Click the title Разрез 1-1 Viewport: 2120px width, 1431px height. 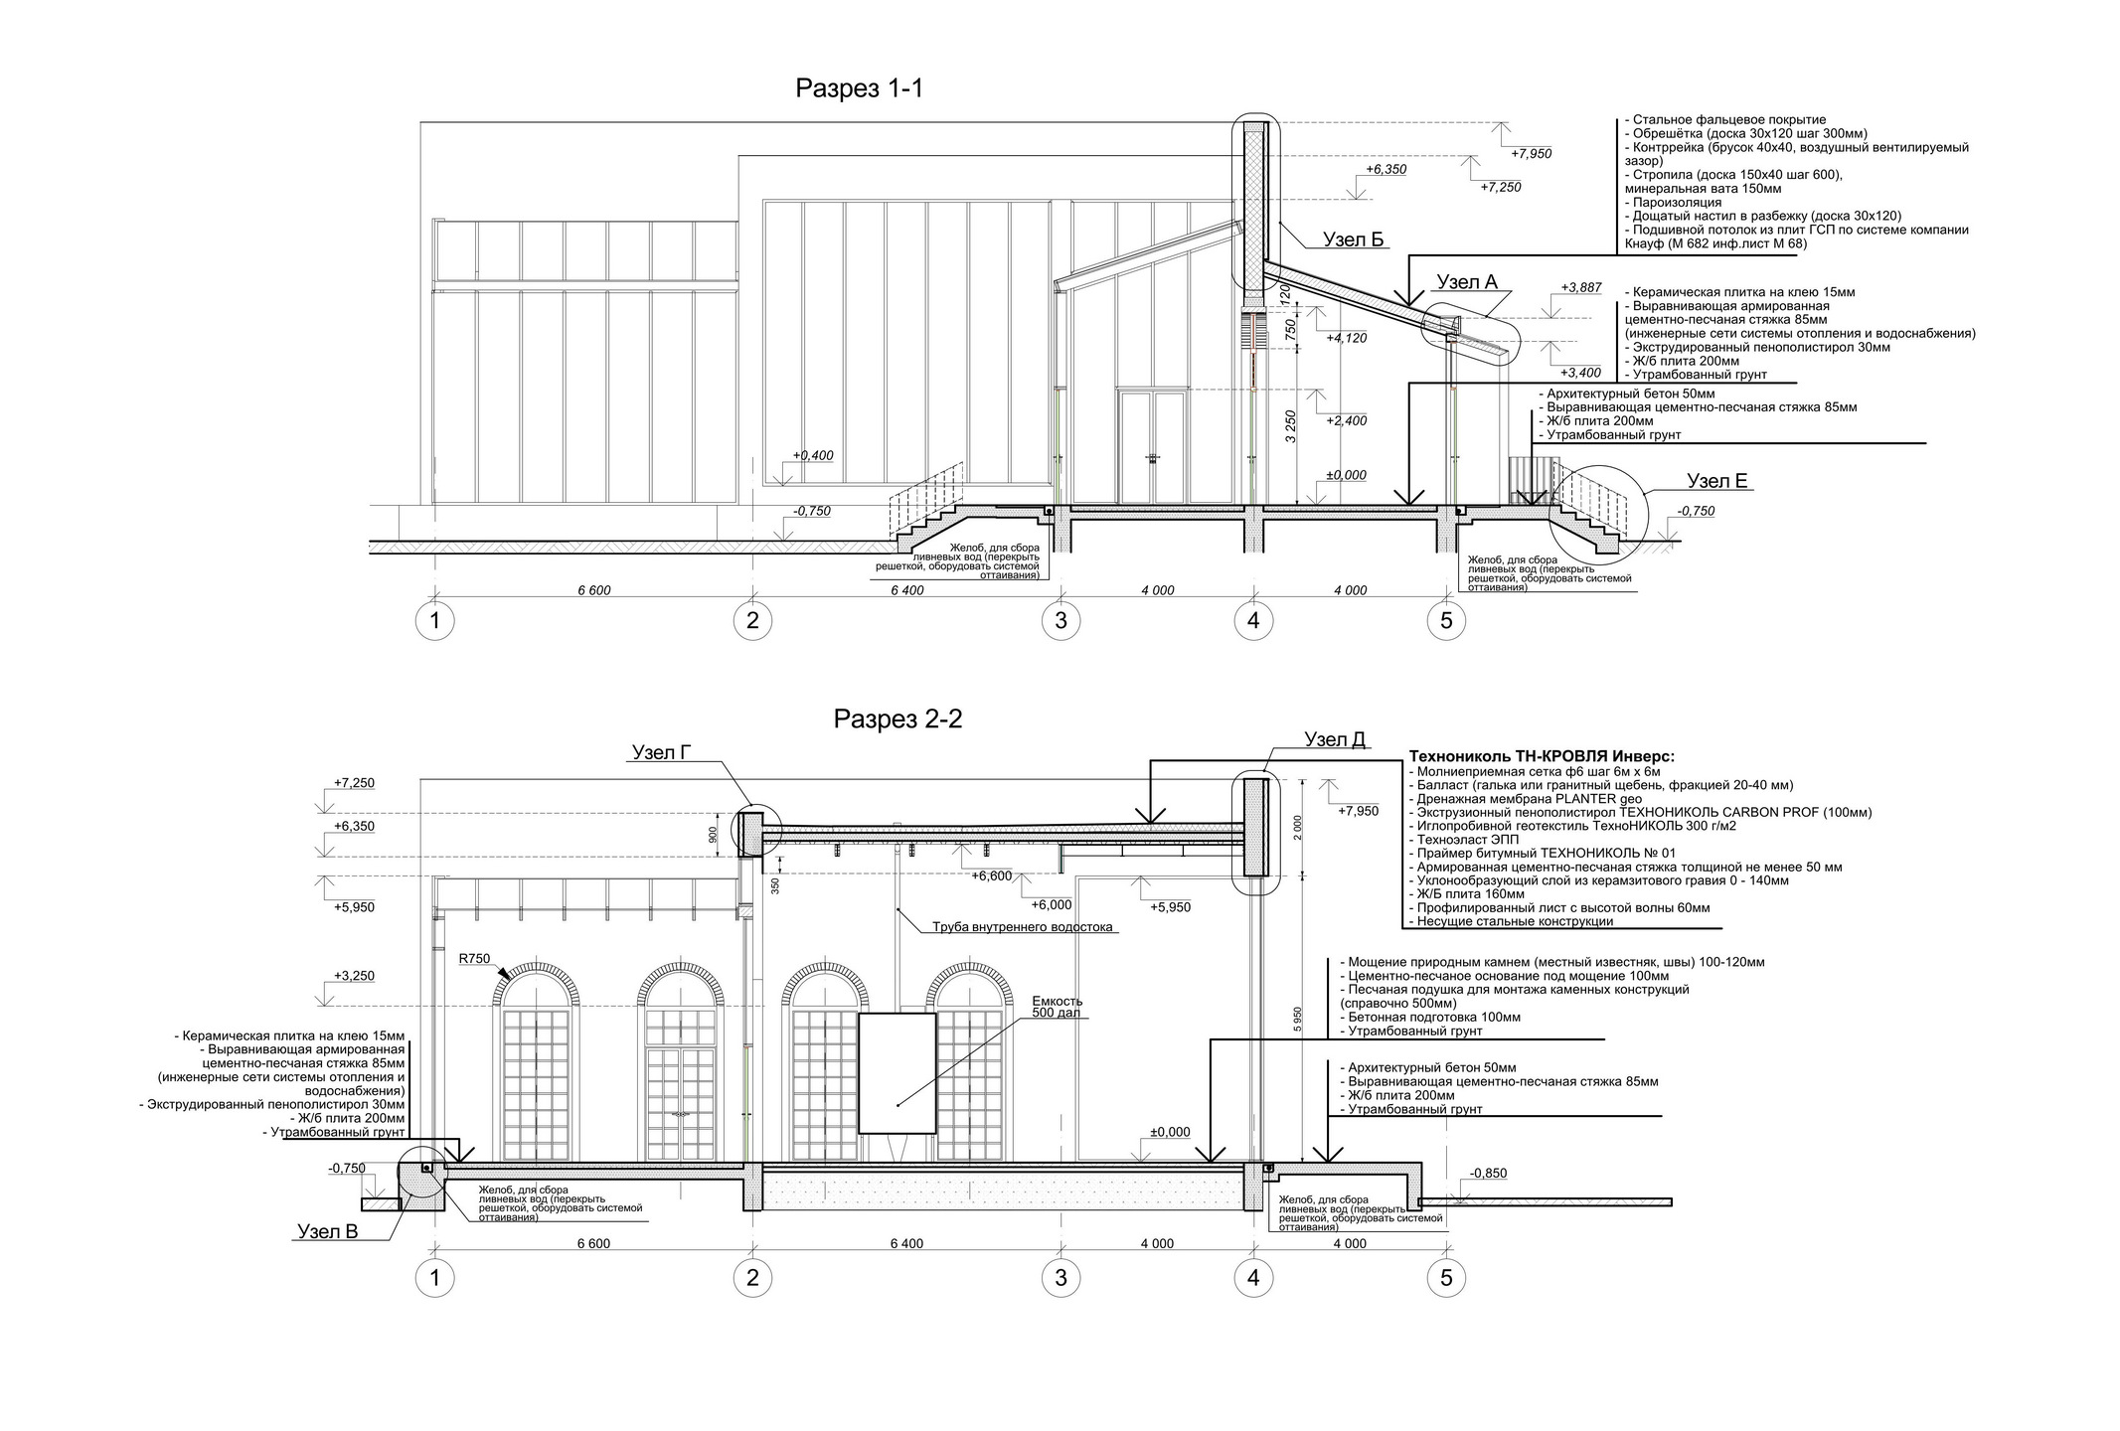859,88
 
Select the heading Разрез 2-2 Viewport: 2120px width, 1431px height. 897,718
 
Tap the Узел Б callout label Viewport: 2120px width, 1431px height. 1353,239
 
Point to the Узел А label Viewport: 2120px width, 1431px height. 1467,282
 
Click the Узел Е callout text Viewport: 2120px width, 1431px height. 1716,481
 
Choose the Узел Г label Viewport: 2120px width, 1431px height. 661,753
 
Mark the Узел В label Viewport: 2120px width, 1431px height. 327,1232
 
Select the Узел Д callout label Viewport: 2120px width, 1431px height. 1335,739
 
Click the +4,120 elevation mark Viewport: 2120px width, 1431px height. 1347,338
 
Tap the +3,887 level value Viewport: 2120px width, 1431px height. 1581,288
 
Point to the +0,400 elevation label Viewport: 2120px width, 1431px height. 812,455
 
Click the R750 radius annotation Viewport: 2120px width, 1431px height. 474,959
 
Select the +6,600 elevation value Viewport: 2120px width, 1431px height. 992,875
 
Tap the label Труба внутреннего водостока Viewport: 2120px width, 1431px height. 1022,928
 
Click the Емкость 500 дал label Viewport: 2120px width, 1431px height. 1057,1007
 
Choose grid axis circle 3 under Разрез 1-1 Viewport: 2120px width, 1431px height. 1060,621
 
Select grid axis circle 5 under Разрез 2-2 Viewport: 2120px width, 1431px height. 1446,1278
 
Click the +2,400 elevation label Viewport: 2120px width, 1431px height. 1347,421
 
